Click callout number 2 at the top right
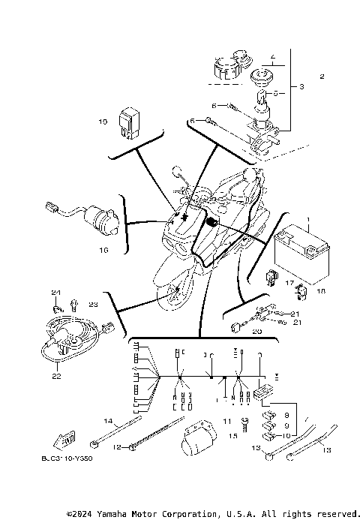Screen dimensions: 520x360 point(322,77)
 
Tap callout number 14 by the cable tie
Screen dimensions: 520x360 point(107,421)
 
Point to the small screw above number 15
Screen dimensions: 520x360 point(244,422)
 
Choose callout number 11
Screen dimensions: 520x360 point(226,422)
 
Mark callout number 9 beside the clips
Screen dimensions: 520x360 point(286,424)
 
